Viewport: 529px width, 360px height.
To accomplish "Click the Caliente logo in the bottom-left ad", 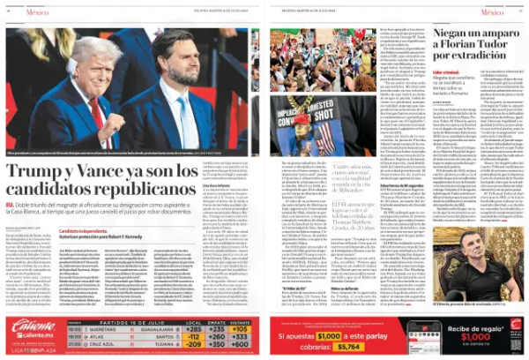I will (33, 326).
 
